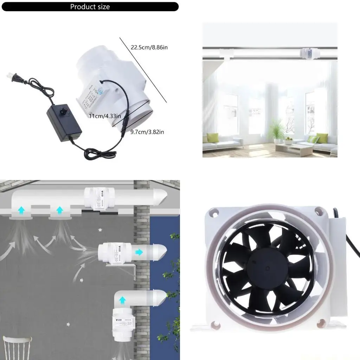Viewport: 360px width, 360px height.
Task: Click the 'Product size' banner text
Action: coord(90,7)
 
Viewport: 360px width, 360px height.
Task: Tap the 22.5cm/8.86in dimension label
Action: coord(149,47)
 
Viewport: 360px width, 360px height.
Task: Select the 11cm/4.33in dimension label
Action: coord(105,116)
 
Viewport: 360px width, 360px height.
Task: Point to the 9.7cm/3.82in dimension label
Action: coord(147,132)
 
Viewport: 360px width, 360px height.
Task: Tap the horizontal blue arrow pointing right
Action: coord(139,252)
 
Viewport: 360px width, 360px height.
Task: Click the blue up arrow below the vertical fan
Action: coord(122,300)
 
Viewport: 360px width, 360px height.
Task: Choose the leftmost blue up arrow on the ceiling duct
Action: coord(21,210)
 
